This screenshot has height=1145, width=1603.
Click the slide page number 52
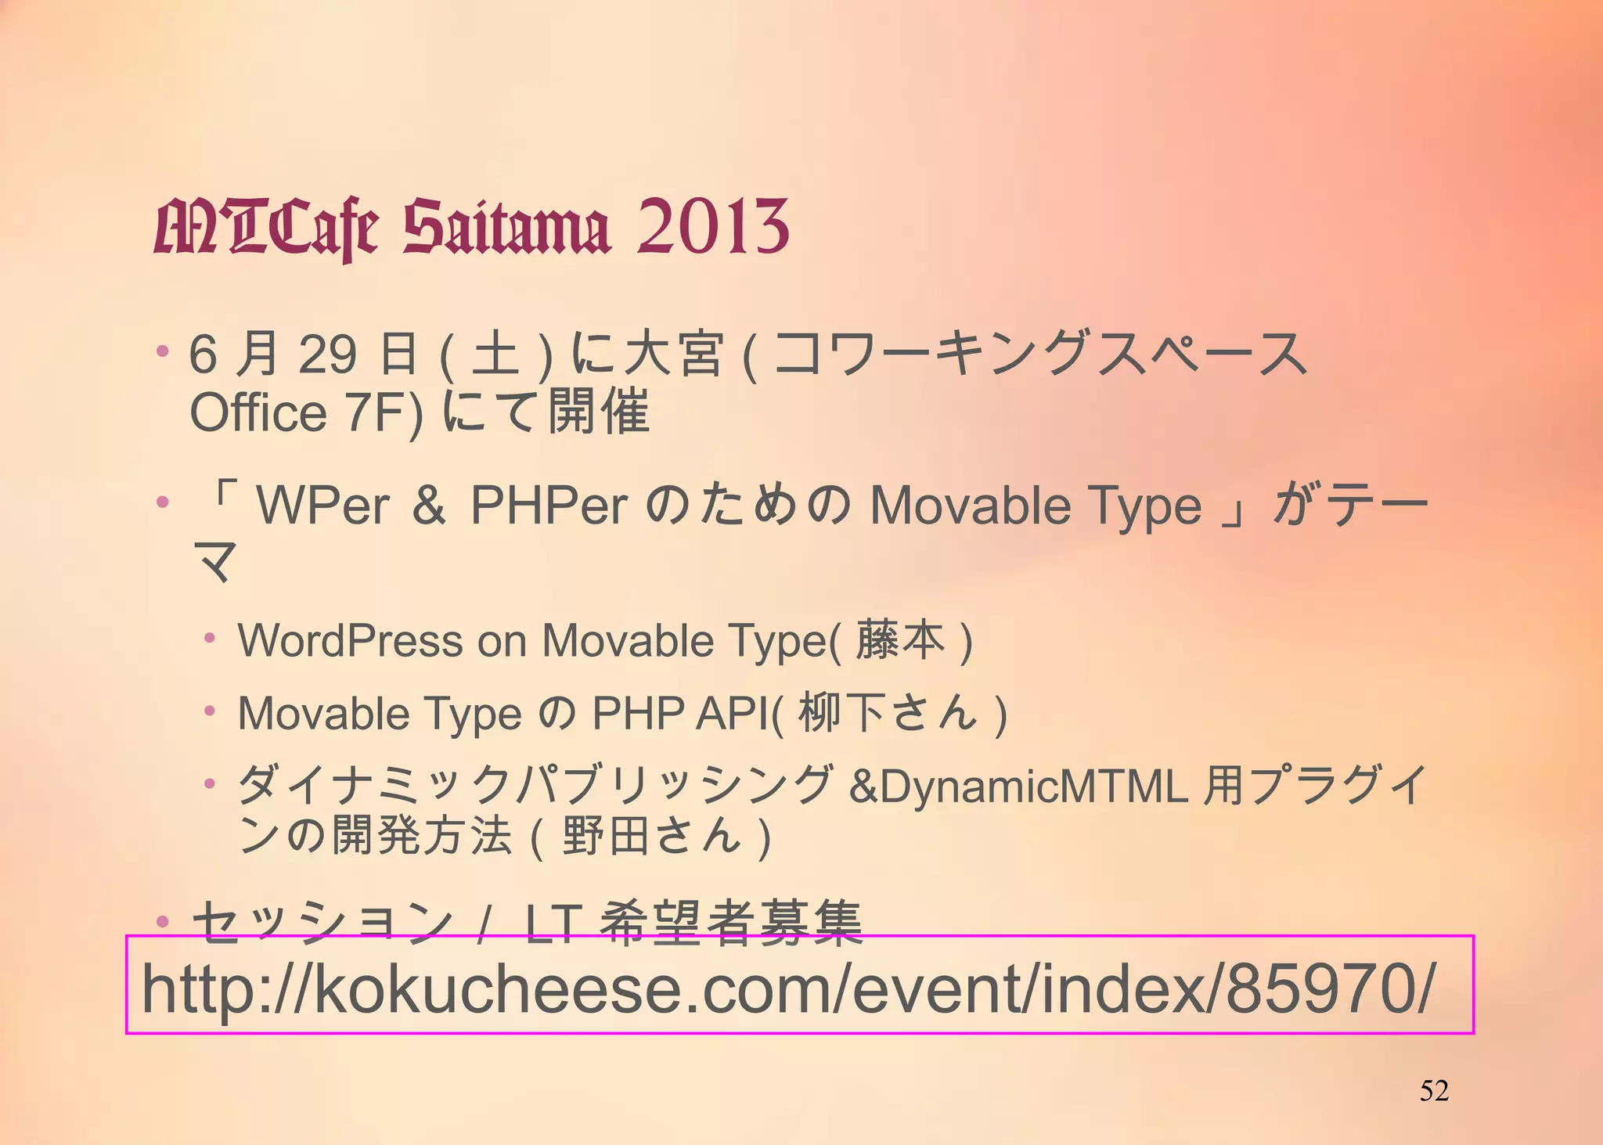click(x=1434, y=1090)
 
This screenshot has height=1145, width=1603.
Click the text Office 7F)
click(x=306, y=412)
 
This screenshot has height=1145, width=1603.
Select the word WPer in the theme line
click(x=323, y=506)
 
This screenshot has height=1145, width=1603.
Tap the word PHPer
click(x=549, y=506)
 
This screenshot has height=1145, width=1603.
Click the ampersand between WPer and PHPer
click(x=429, y=506)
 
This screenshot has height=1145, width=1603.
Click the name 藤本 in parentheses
click(x=900, y=640)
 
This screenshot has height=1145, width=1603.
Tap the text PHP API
click(x=680, y=713)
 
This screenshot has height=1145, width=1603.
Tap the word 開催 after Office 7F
click(x=599, y=412)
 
